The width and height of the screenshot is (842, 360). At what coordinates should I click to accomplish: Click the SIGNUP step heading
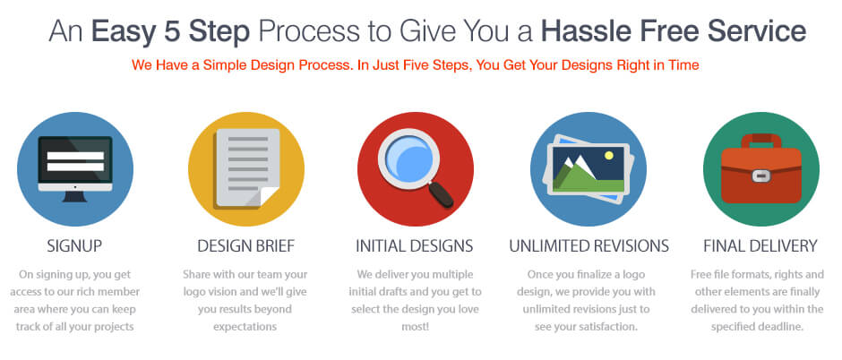tap(74, 245)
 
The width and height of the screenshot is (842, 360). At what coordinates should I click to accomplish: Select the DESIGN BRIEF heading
tap(246, 245)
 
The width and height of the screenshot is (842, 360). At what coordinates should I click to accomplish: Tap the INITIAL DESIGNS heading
tap(415, 245)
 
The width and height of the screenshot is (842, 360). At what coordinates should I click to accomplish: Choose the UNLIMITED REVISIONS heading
tap(589, 245)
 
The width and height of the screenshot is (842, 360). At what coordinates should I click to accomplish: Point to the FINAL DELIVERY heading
tap(760, 245)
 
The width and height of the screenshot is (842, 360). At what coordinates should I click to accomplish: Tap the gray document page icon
tap(247, 168)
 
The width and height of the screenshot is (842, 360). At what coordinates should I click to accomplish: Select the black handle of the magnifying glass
tap(442, 194)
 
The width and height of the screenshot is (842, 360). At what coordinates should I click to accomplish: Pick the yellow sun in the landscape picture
tap(608, 156)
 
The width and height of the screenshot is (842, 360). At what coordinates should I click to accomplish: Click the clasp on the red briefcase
tap(758, 176)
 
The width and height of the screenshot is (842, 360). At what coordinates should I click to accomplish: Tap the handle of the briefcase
tap(761, 140)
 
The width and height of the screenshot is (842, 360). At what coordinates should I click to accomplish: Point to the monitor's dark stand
tap(74, 196)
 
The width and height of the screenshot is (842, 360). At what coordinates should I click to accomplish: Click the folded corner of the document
tap(269, 196)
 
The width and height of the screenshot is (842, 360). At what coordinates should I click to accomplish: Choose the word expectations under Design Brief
tap(245, 327)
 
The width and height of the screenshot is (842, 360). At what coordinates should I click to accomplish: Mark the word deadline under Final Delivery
tap(782, 327)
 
